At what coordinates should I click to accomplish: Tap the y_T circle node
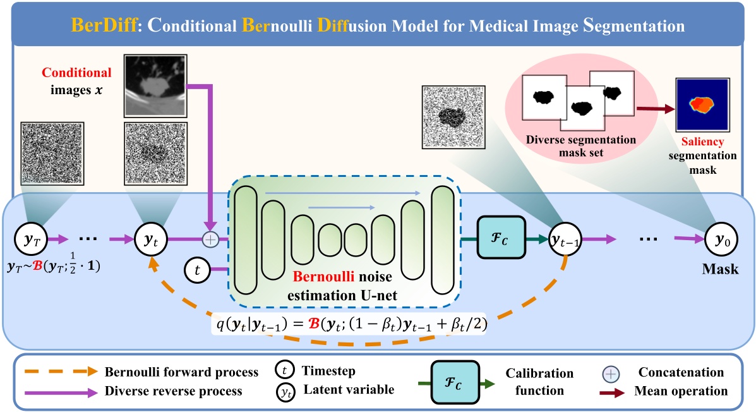click(27, 239)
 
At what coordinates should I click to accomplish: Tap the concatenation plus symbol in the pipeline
click(210, 239)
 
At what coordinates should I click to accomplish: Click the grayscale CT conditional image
click(156, 85)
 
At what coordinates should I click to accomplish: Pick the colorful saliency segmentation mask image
click(702, 105)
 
